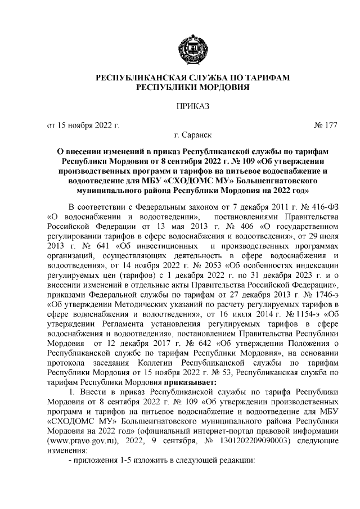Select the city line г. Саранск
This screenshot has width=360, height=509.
pyautogui.click(x=194, y=136)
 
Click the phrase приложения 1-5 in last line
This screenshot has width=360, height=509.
pyautogui.click(x=98, y=461)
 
